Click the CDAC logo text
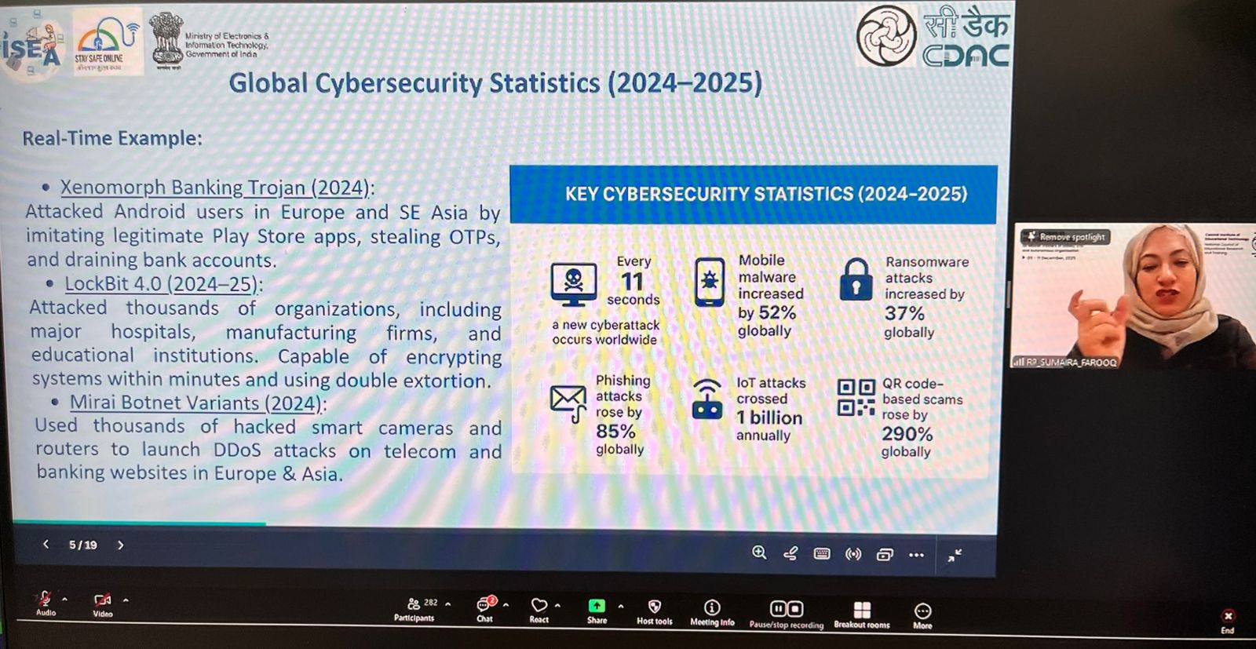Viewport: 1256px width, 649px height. (x=966, y=54)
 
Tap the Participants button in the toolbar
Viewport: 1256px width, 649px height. (x=414, y=608)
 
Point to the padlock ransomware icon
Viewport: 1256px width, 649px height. (x=856, y=280)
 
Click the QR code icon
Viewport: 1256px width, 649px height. (x=856, y=397)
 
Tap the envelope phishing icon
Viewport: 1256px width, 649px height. (x=568, y=401)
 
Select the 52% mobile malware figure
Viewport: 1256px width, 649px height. (x=777, y=312)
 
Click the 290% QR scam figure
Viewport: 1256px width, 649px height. (x=907, y=433)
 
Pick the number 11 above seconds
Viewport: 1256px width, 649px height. (x=632, y=281)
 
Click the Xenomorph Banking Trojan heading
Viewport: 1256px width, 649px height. (x=214, y=188)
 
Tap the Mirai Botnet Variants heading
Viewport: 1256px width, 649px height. (x=195, y=403)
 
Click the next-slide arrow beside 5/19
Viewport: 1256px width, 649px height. (x=120, y=545)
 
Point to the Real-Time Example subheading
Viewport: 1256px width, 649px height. (x=112, y=138)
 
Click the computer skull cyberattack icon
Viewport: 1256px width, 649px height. (x=573, y=283)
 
